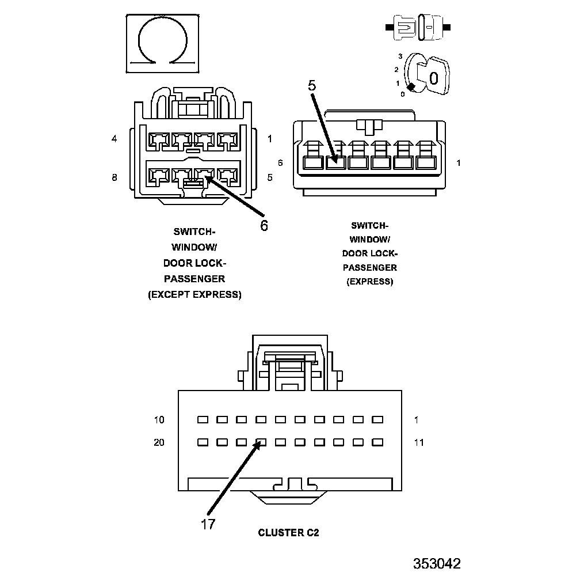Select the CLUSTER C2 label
click(288, 533)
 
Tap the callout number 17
click(208, 524)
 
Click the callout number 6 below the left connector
click(264, 226)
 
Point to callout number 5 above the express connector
click(312, 86)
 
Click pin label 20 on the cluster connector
click(159, 442)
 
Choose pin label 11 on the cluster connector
click(419, 442)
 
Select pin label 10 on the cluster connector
click(159, 420)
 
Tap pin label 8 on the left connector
click(115, 178)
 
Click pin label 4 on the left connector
click(115, 139)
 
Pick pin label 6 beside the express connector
click(280, 163)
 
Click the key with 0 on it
click(433, 75)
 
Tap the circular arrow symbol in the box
click(163, 43)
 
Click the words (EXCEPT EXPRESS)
click(194, 295)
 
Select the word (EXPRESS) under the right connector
click(370, 282)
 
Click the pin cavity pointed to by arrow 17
click(261, 443)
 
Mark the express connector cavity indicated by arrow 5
click(335, 162)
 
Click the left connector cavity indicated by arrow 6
click(204, 174)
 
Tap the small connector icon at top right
click(420, 27)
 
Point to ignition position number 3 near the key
click(399, 56)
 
